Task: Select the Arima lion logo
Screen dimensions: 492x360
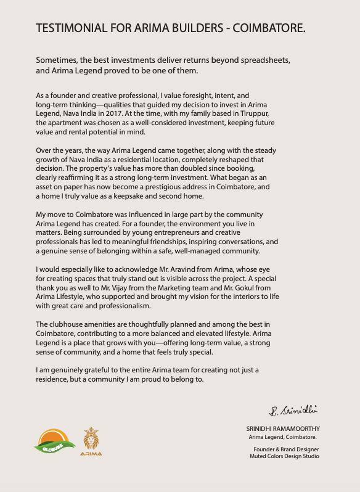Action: tap(91, 440)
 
